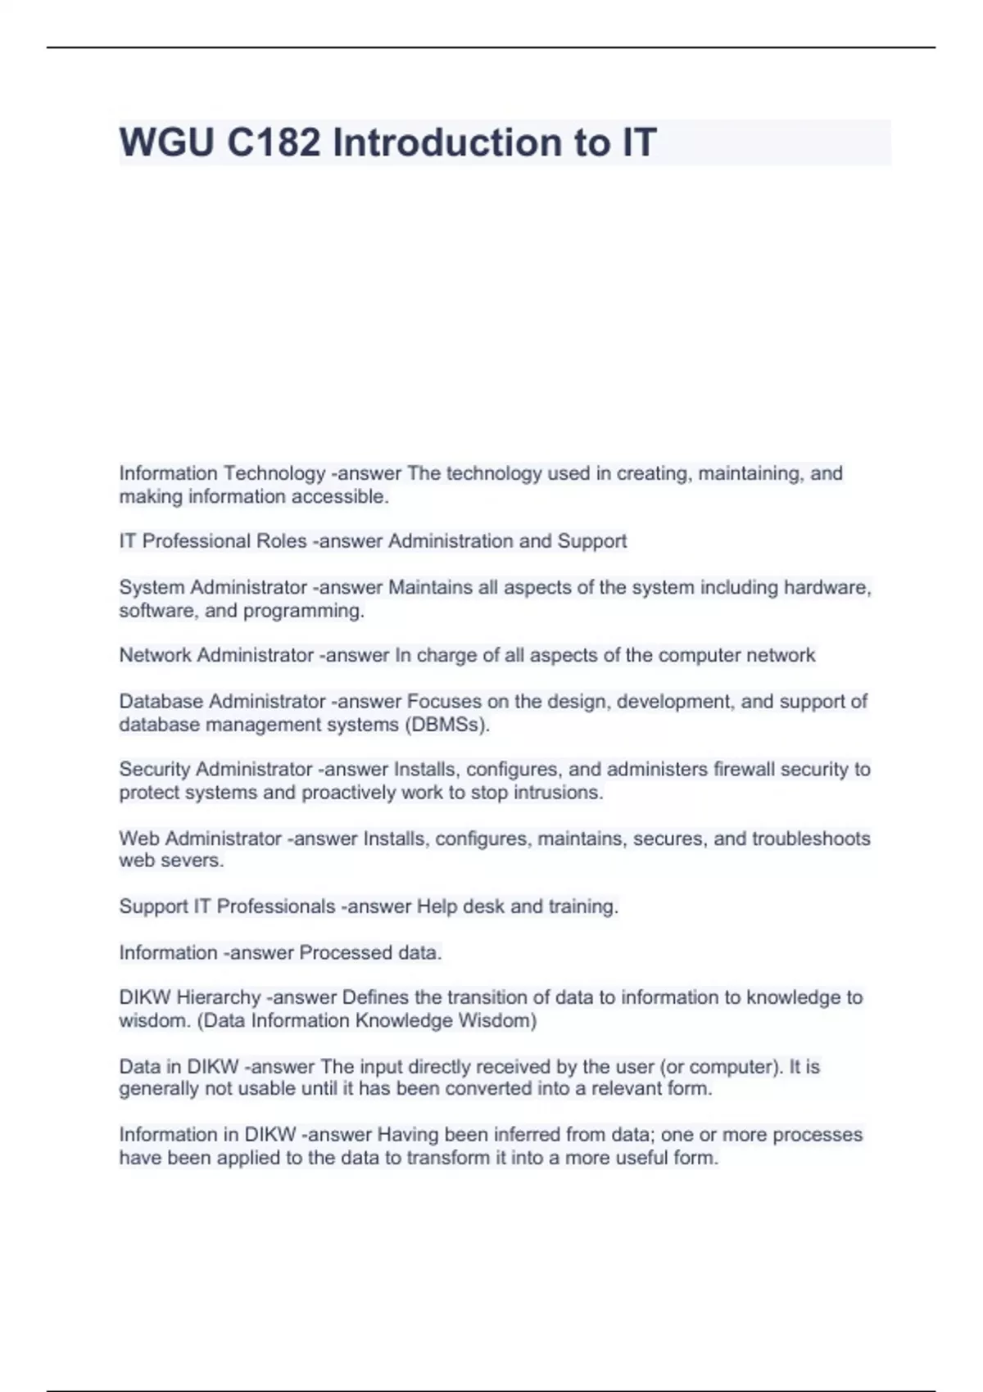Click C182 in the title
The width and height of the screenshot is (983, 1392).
click(x=273, y=142)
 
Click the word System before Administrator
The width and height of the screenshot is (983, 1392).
click(x=152, y=588)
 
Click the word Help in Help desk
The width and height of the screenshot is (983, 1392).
click(x=437, y=906)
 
